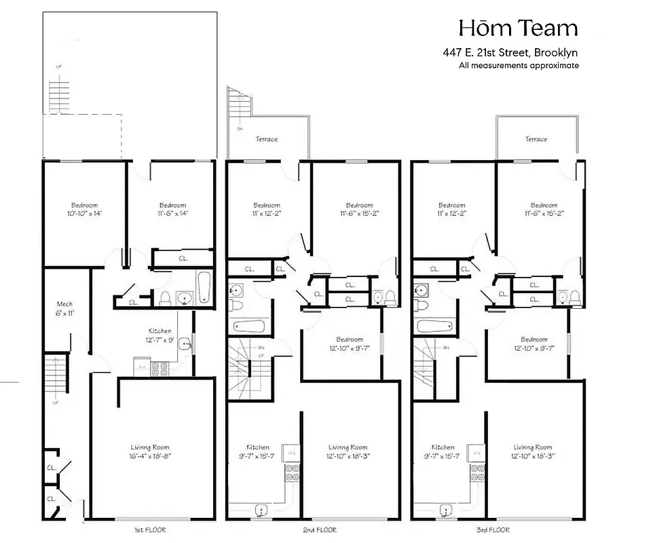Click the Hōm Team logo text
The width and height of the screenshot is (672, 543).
tap(518, 28)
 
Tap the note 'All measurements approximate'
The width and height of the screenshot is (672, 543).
tap(519, 66)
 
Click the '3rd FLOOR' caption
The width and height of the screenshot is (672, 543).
tap(491, 529)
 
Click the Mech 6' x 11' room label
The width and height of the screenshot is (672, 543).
tap(64, 309)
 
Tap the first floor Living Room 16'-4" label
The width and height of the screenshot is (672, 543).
tap(150, 451)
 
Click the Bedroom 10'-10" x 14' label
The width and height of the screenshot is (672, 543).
tap(84, 209)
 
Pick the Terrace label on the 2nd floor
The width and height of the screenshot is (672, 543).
tap(267, 139)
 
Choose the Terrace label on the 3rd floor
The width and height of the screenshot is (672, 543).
tap(536, 139)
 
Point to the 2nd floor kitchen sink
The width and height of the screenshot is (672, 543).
tap(261, 509)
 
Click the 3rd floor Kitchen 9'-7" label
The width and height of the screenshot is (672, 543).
tap(443, 451)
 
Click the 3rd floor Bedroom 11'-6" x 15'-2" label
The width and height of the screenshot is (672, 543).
tap(544, 209)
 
